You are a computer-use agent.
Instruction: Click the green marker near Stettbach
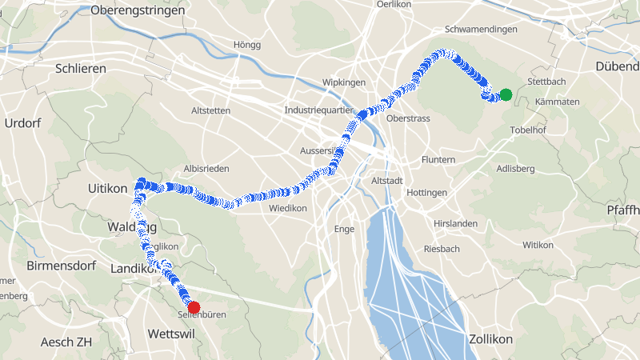pyautogui.click(x=506, y=95)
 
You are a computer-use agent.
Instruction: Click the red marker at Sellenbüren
pyautogui.click(x=193, y=307)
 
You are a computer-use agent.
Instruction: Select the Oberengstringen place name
pyautogui.click(x=138, y=10)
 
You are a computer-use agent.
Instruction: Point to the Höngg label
pyautogui.click(x=246, y=45)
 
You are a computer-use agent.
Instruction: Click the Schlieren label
pyautogui.click(x=81, y=69)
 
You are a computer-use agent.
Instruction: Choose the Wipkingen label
pyautogui.click(x=343, y=83)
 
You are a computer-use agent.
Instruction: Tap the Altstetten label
pyautogui.click(x=211, y=110)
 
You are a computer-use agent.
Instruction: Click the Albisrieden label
pyautogui.click(x=206, y=169)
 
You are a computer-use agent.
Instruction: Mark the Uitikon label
pyautogui.click(x=106, y=188)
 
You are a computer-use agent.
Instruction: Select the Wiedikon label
pyautogui.click(x=288, y=208)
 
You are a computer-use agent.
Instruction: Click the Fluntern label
pyautogui.click(x=438, y=160)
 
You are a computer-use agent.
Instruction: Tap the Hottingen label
pyautogui.click(x=426, y=194)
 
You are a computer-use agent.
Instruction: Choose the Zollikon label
pyautogui.click(x=490, y=339)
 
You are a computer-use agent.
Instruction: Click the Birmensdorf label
pyautogui.click(x=61, y=266)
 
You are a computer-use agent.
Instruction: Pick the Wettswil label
pyautogui.click(x=172, y=332)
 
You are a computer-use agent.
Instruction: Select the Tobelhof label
pyautogui.click(x=527, y=130)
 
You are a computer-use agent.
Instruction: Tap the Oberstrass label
pyautogui.click(x=408, y=118)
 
